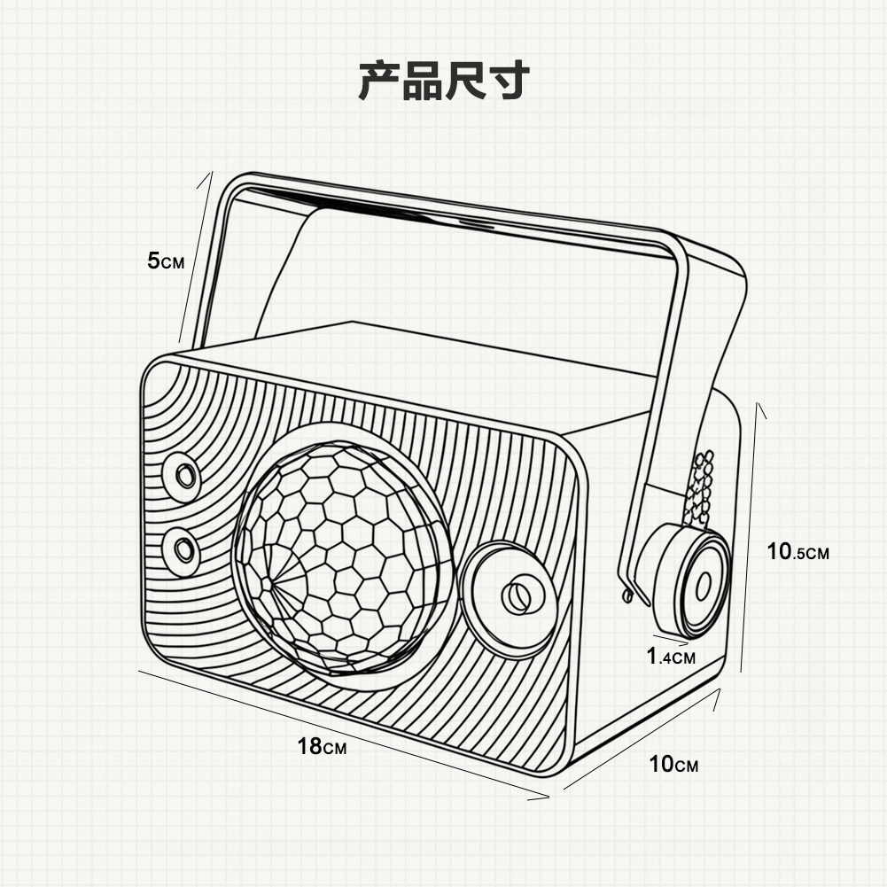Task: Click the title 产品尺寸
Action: pyautogui.click(x=443, y=81)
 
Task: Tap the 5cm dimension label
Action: pyautogui.click(x=166, y=261)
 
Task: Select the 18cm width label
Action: pyautogui.click(x=322, y=746)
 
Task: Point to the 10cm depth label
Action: pyautogui.click(x=673, y=764)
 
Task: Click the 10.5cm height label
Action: pyautogui.click(x=798, y=551)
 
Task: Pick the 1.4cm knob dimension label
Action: pyautogui.click(x=671, y=657)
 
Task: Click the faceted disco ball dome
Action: pyautogui.click(x=344, y=555)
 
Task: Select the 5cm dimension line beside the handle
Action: pyautogui.click(x=196, y=257)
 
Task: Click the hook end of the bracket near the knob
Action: pyautogui.click(x=627, y=595)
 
